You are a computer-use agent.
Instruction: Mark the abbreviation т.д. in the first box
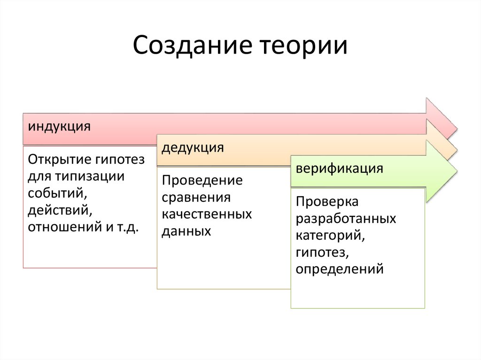tap(128, 227)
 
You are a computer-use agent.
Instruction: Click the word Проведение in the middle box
tap(202, 180)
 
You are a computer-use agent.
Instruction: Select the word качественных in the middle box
tap(207, 214)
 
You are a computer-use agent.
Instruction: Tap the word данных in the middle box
tap(186, 231)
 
